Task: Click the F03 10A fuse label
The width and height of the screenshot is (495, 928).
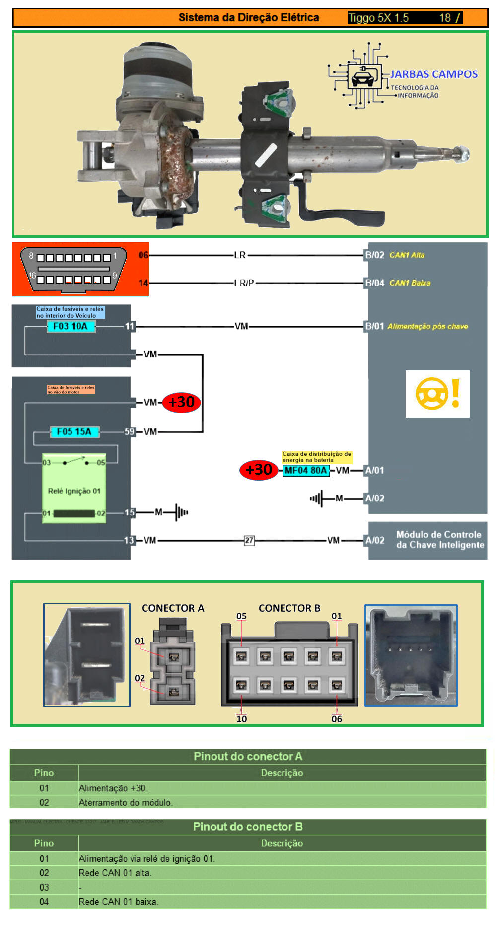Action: click(71, 326)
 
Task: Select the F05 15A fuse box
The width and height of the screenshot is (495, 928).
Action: click(74, 431)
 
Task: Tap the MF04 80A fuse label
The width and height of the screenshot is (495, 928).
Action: click(306, 470)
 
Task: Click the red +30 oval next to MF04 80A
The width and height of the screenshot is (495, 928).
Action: click(259, 470)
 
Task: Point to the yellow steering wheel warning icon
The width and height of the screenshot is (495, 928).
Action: click(437, 394)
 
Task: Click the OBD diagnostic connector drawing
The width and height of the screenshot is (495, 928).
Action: click(73, 270)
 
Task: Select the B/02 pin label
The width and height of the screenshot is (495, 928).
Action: click(375, 255)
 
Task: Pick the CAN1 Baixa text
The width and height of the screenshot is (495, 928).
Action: click(410, 283)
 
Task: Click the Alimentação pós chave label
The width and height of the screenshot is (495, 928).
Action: click(427, 326)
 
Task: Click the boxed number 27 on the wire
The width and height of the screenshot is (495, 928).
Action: click(249, 540)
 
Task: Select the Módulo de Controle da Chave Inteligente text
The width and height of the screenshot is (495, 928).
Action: click(440, 540)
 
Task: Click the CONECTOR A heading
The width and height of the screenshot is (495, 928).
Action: click(173, 608)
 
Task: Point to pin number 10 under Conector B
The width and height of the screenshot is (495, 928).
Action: click(242, 719)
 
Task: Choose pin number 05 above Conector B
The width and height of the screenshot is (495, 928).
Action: click(241, 616)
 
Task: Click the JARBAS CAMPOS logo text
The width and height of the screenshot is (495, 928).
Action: click(433, 74)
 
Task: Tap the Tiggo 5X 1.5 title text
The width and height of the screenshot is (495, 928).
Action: click(378, 18)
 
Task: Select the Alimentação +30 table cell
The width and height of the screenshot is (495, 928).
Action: click(113, 788)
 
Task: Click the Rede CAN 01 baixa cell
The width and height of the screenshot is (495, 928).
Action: click(118, 902)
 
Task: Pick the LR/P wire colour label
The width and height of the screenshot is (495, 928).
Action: click(244, 283)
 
